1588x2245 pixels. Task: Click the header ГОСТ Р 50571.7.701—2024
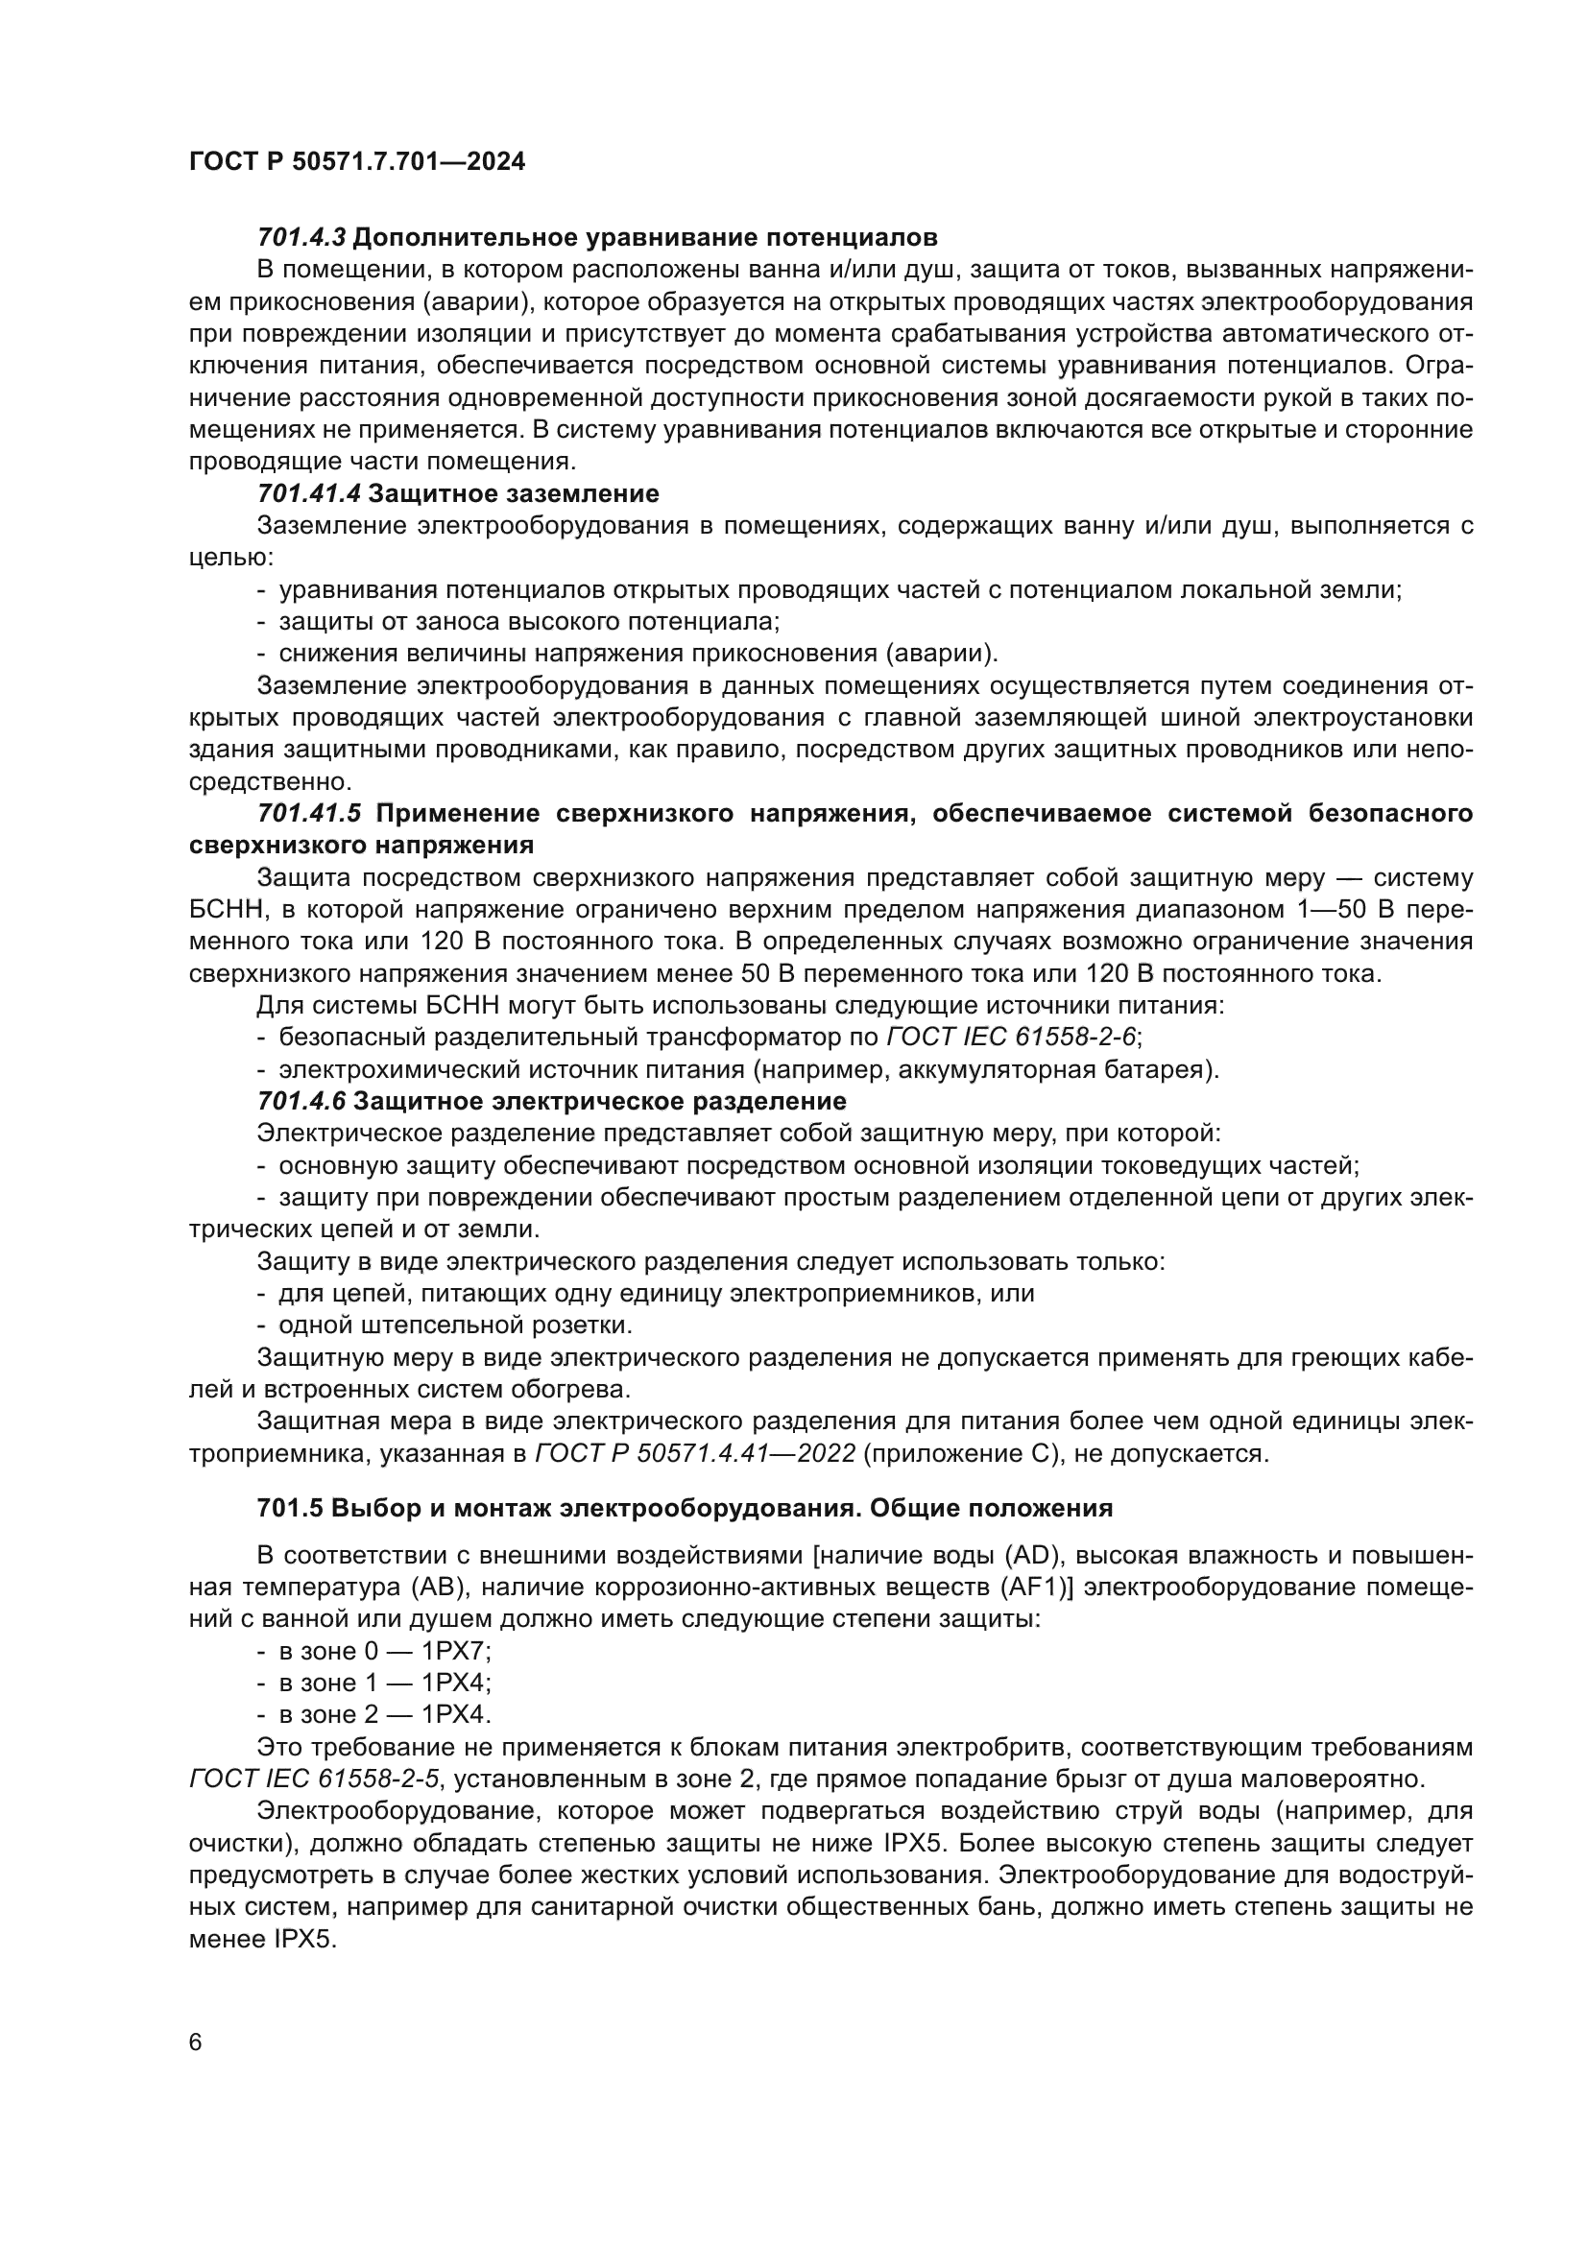tap(357, 162)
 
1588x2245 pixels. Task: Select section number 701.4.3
tap(301, 238)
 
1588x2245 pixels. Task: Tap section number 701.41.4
tap(309, 493)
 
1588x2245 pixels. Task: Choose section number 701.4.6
tap(301, 1102)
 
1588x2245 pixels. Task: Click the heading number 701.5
tap(289, 1508)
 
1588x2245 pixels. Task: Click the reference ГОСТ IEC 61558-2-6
tap(1011, 1038)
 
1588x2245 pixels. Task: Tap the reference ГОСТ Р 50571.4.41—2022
tap(695, 1454)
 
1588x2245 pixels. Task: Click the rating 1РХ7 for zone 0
tap(456, 1652)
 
